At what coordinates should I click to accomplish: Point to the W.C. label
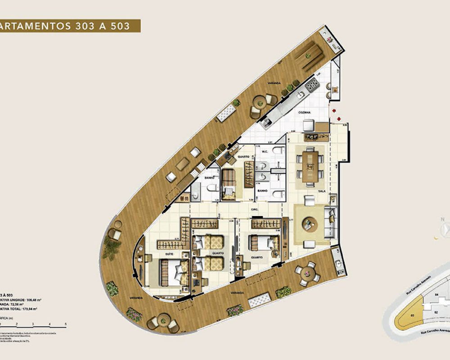coord(265,151)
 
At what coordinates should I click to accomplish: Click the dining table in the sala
coord(310,166)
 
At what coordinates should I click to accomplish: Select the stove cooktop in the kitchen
coord(312,84)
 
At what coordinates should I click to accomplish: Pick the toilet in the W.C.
coord(278,152)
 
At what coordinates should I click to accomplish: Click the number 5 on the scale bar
coord(66,324)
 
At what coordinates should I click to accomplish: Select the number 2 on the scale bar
coord(16,324)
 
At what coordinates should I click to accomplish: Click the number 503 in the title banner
coord(121,26)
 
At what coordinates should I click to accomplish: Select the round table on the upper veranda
coord(260,103)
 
